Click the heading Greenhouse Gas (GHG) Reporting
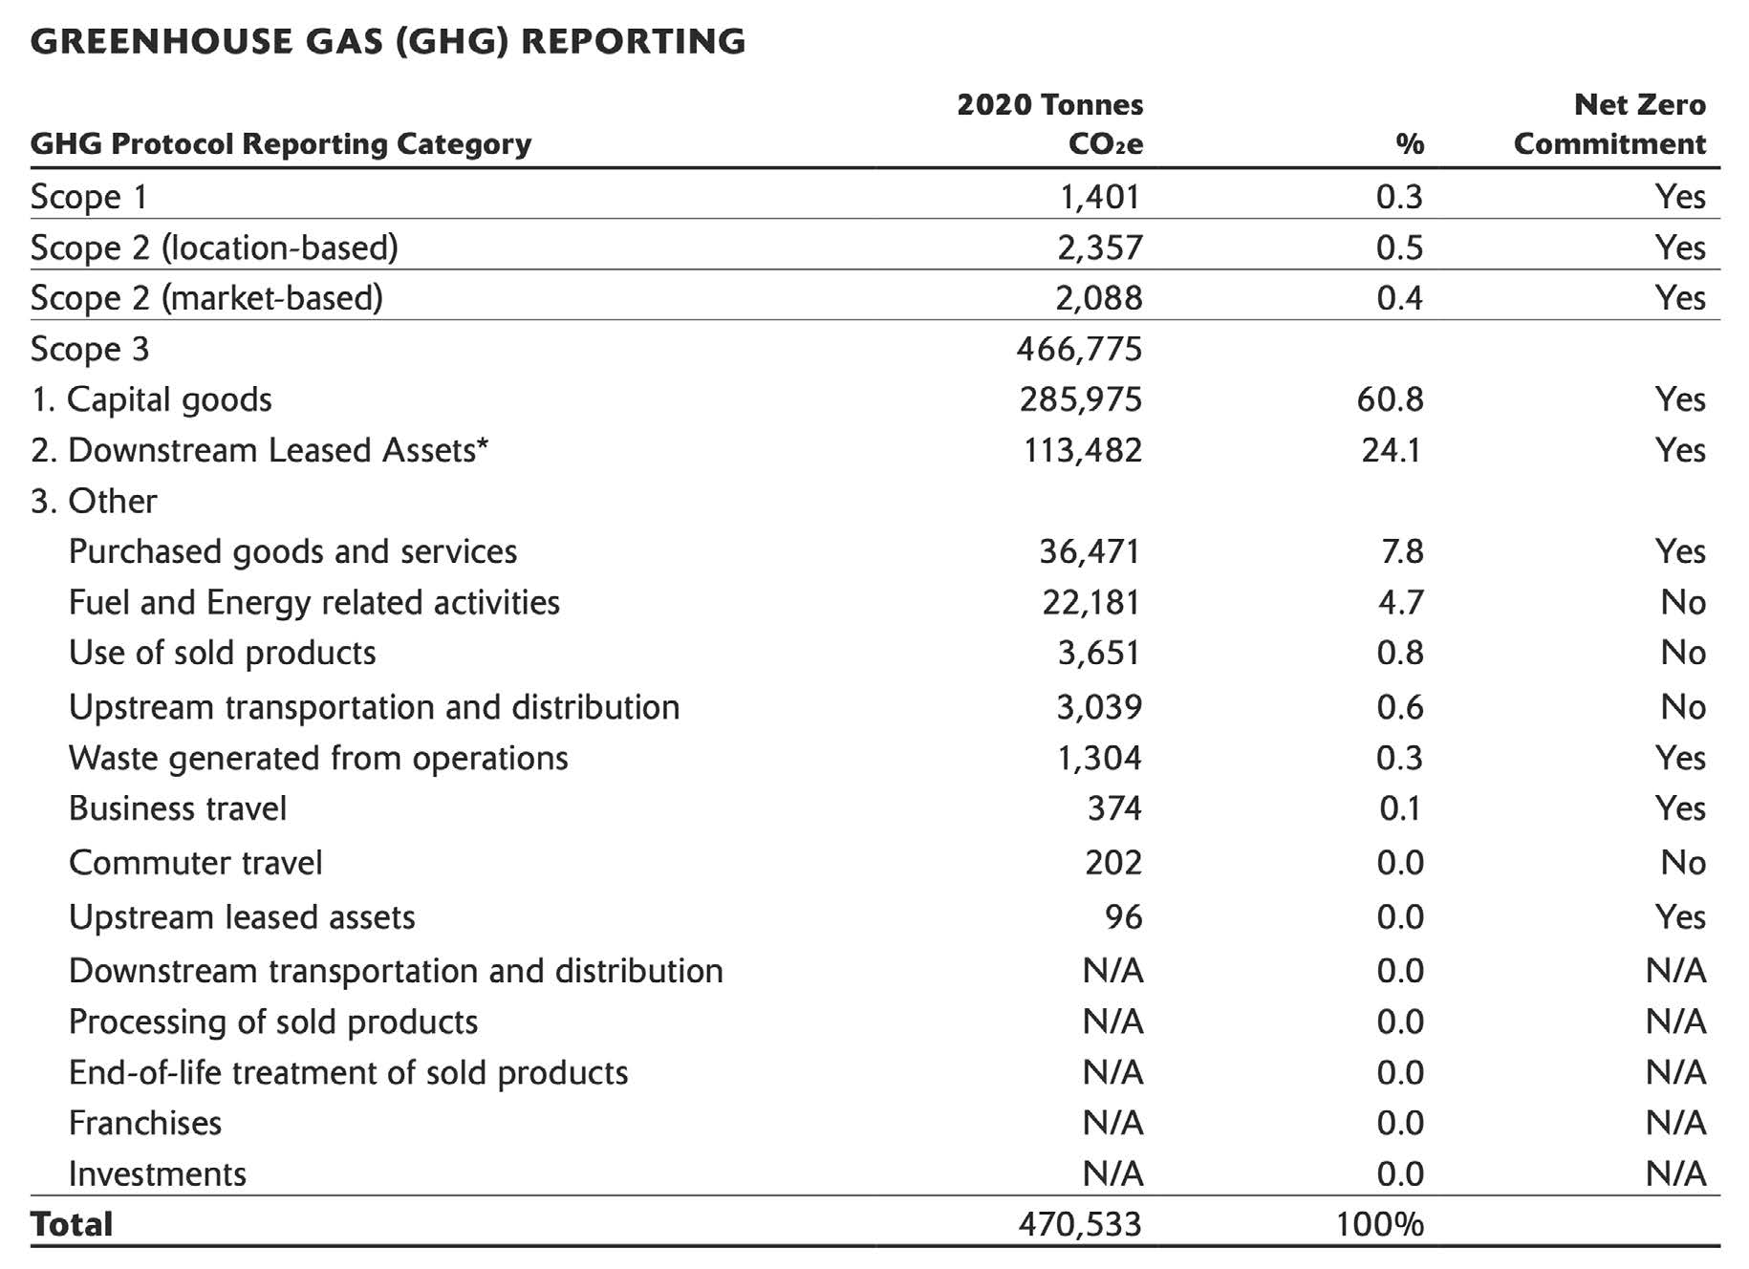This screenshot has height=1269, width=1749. (x=388, y=41)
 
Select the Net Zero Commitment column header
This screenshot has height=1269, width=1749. (x=1609, y=124)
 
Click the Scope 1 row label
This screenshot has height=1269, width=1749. (x=89, y=196)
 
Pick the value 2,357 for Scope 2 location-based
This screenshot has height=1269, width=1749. (x=1099, y=247)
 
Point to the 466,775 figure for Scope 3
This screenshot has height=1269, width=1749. (x=1079, y=349)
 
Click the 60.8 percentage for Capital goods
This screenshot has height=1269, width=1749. (x=1390, y=399)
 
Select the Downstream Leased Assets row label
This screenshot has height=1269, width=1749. (x=259, y=450)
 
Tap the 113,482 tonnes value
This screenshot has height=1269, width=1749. (x=1082, y=450)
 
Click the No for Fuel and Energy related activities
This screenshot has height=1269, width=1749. (x=1682, y=602)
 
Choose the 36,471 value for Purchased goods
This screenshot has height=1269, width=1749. (x=1090, y=551)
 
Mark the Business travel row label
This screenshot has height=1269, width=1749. (x=178, y=808)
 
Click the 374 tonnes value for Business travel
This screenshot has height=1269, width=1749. (x=1114, y=808)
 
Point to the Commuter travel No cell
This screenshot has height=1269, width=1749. (x=1682, y=863)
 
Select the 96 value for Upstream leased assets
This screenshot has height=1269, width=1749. (x=1123, y=917)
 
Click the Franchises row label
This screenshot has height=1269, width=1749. (x=145, y=1123)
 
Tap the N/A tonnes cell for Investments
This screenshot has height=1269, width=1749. (x=1112, y=1173)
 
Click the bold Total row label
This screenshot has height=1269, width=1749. (x=72, y=1224)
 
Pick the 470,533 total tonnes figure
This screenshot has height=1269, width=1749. (x=1079, y=1224)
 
